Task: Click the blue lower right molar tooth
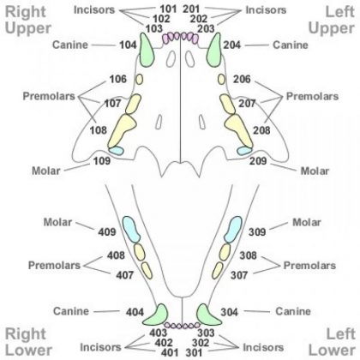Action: point(131,231)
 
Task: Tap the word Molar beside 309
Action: point(307,223)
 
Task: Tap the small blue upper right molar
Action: point(115,151)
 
